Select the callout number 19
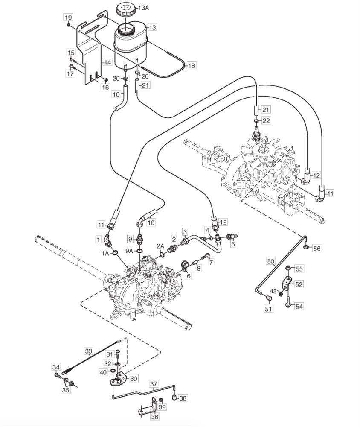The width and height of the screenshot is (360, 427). tap(68, 18)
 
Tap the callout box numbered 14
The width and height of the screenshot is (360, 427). tap(107, 62)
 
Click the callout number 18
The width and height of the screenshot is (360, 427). tap(192, 66)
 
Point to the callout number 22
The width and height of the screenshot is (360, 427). tap(266, 120)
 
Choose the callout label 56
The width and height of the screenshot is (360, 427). tap(317, 248)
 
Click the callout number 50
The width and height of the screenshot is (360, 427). tap(271, 261)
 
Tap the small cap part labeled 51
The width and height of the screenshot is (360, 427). tap(269, 298)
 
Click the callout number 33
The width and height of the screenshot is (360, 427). tap(89, 351)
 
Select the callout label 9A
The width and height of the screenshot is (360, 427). tap(130, 251)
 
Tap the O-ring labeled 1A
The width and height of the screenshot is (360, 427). tap(115, 253)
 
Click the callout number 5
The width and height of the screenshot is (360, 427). tap(233, 244)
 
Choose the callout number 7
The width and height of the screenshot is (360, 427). tap(211, 262)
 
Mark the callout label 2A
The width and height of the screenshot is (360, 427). tap(160, 246)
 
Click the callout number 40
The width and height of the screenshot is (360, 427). tap(103, 372)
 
